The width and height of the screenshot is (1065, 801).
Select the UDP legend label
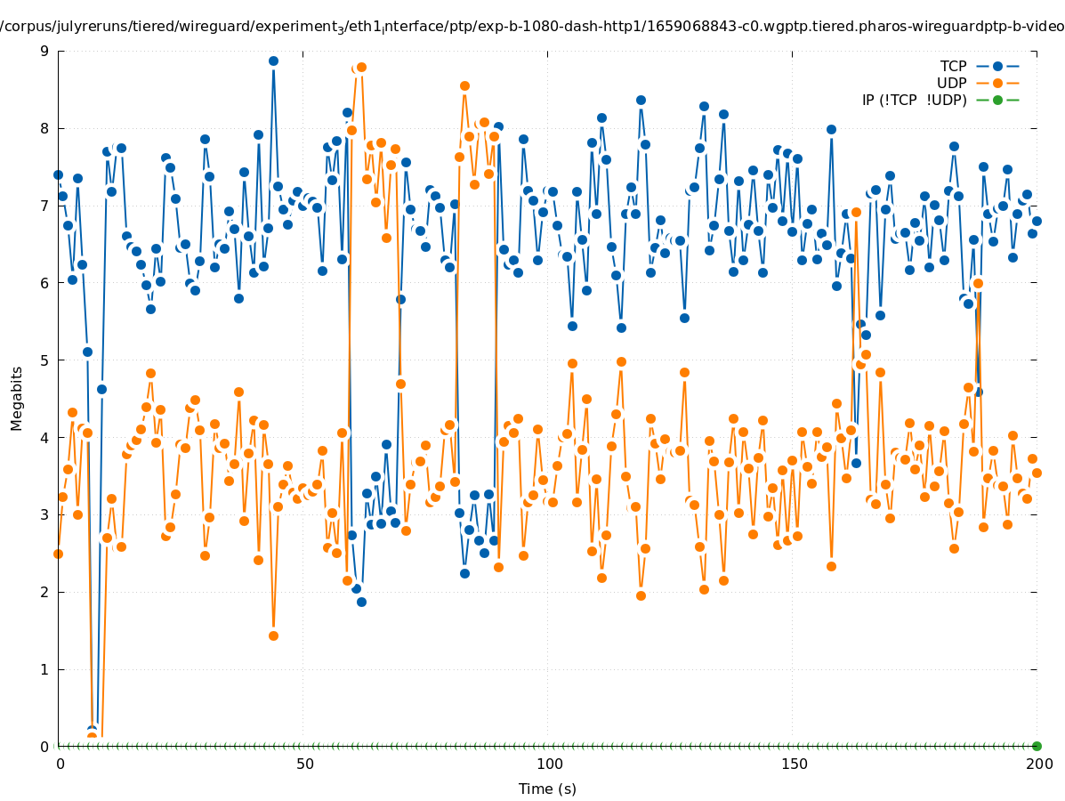pos(952,83)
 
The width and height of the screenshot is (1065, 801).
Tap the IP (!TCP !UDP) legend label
pos(914,100)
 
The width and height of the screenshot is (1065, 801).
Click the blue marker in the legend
pos(997,66)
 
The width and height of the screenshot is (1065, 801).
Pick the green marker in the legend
pos(997,100)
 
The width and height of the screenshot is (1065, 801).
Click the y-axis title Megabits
pos(17,398)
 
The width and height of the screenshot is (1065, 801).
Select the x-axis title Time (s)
pos(547,789)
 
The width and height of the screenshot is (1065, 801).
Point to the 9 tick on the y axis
pos(44,51)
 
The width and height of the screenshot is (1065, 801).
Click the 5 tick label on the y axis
pos(44,360)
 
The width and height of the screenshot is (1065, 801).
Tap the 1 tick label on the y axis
pos(44,669)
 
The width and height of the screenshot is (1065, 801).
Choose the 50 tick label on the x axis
pos(305,765)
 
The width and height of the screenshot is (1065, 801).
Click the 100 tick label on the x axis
pos(550,765)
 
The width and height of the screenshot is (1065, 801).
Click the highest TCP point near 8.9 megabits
pos(273,61)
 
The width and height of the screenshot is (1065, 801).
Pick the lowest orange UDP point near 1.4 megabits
pos(273,635)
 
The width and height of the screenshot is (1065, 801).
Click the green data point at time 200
pos(1037,746)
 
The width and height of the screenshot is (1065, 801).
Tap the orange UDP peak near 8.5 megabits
pos(464,86)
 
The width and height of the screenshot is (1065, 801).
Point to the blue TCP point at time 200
pos(1037,221)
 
